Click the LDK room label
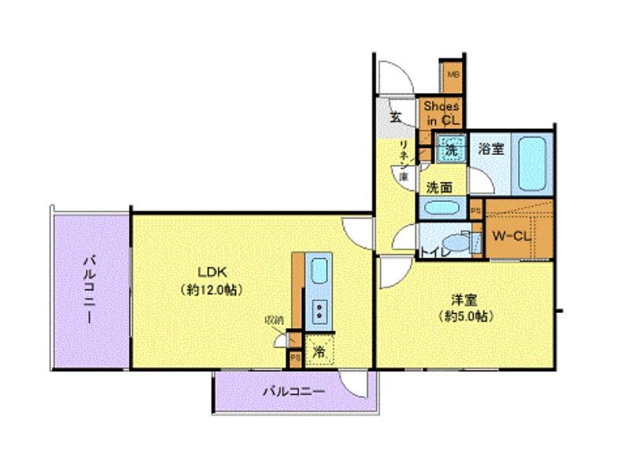tap(209, 273)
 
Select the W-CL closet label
tap(512, 236)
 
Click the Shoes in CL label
tap(441, 112)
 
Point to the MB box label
tap(452, 75)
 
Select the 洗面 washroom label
tap(439, 187)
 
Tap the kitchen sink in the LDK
tap(319, 272)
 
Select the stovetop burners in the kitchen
tap(320, 312)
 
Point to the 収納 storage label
tap(274, 320)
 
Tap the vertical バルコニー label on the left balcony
tap(90, 289)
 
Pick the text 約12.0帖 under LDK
tap(209, 289)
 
